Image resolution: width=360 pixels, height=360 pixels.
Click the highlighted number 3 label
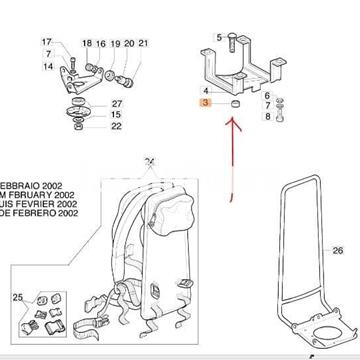coord(205,103)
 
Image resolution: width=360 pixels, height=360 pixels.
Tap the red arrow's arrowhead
coord(233,123)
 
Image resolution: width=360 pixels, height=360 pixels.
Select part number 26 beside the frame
coord(337,251)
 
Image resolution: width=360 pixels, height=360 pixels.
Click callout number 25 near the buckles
coord(17,298)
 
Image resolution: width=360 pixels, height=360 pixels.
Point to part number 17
coord(46,43)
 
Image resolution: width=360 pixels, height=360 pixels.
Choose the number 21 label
coord(142,44)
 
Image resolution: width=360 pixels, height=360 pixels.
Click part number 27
coord(116,103)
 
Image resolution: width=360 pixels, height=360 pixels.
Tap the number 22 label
coord(116,126)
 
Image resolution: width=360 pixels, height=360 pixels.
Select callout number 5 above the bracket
coord(218,37)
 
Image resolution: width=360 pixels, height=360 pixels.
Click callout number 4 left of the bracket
coord(205,91)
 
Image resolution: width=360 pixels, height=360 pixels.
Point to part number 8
coord(267,116)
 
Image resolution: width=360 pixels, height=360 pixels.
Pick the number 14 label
coord(46,66)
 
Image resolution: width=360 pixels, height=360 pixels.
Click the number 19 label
coord(115,44)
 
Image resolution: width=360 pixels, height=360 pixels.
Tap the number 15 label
coord(116,115)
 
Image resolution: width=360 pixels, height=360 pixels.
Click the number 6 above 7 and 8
coord(267,94)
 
